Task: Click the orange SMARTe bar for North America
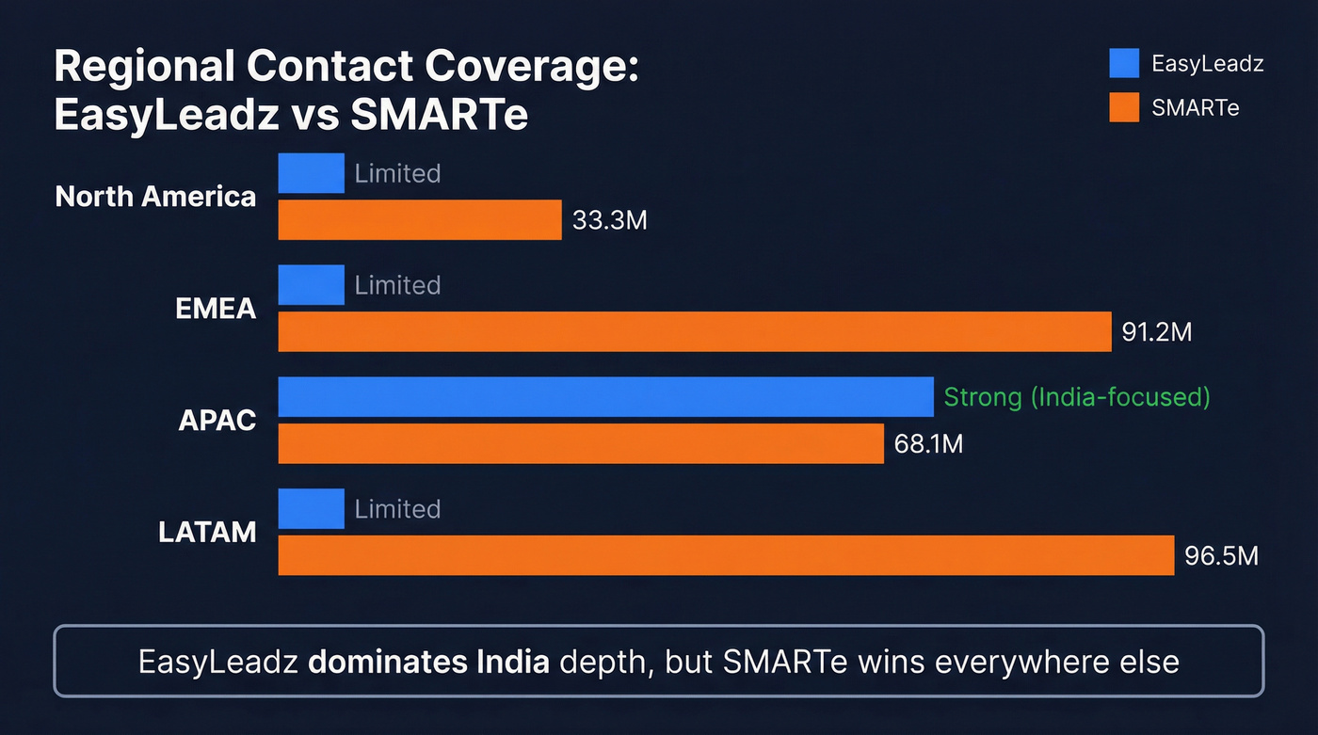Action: coord(420,220)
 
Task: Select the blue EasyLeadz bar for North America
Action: coord(312,173)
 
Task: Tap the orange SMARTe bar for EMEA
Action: coord(695,332)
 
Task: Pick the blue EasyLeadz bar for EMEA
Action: coord(312,285)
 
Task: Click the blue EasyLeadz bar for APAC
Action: coord(605,396)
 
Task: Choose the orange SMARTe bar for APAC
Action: coord(581,443)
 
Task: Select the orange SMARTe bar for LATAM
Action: coord(726,555)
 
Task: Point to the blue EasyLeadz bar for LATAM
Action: coord(312,508)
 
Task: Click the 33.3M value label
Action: coord(610,221)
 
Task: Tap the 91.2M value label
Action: coord(1157,332)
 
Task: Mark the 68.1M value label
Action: coord(928,443)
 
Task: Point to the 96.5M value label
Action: coord(1221,555)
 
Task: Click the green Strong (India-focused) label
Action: coord(1076,396)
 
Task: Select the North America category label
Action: coord(155,197)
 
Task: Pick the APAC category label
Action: coord(217,420)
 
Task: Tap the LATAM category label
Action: coord(207,532)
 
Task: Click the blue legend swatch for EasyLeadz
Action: coord(1124,63)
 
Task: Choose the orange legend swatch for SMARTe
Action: coord(1124,107)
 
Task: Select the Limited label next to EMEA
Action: coord(397,285)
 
